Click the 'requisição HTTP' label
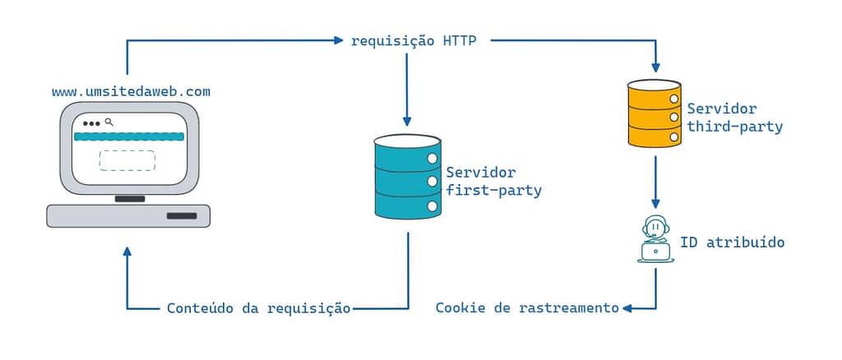click(414, 41)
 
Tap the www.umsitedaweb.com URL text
click(131, 92)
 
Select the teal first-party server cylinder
click(408, 177)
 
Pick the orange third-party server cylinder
click(654, 113)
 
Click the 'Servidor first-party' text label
click(494, 182)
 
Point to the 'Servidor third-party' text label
click(735, 118)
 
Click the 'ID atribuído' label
click(733, 242)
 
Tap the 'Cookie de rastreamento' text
click(527, 308)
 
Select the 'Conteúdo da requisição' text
click(259, 308)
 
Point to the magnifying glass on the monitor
click(109, 122)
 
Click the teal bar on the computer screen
click(129, 136)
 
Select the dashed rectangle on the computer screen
click(127, 160)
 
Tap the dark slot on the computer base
click(182, 215)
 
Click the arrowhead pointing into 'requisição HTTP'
click(338, 40)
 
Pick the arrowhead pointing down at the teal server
click(407, 122)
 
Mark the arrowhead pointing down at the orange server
click(655, 67)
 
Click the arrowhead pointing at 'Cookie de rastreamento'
click(627, 308)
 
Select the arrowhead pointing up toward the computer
click(127, 252)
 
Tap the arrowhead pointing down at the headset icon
click(655, 204)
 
